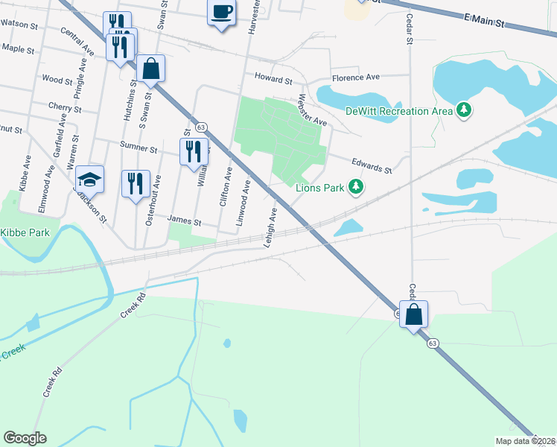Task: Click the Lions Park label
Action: point(320,188)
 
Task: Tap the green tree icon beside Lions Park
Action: point(357,186)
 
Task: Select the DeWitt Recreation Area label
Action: point(399,111)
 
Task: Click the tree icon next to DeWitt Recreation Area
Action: point(465,110)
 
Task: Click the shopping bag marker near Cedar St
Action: point(413,314)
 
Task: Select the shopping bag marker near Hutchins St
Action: point(150,69)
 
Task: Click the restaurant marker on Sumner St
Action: point(193,151)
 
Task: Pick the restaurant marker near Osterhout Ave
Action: point(135,184)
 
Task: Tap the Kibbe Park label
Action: point(25,233)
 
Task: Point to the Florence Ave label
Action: point(356,77)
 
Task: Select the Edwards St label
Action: point(372,165)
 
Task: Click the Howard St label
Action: point(273,77)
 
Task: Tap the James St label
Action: point(185,221)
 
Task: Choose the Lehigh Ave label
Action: point(269,227)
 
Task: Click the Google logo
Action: point(25,438)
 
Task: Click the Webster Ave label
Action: point(312,110)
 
